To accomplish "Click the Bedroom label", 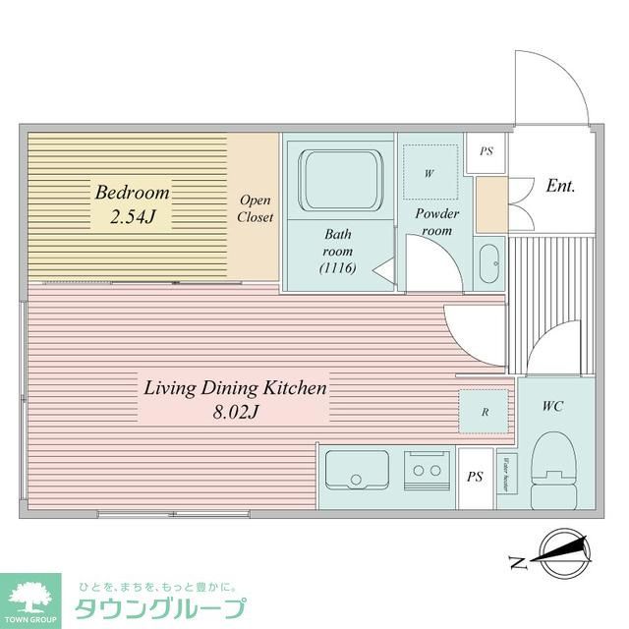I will click(132, 192).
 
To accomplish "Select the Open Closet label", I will click(256, 208).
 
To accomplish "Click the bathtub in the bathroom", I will click(339, 180).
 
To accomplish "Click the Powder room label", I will click(436, 221).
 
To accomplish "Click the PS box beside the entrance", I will click(486, 153).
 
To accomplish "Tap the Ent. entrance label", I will click(560, 186).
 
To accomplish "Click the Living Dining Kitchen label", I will click(235, 388).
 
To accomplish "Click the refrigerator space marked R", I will click(485, 412).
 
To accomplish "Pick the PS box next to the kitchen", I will click(475, 479).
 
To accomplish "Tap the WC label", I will click(552, 406).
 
